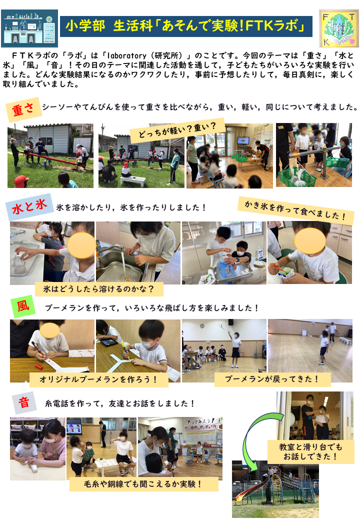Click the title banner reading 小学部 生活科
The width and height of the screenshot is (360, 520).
pos(186,26)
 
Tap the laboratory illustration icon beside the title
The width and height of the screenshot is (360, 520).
pos(29,28)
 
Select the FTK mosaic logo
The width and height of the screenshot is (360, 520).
pos(338,28)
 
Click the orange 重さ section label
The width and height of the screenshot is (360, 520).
pos(23,109)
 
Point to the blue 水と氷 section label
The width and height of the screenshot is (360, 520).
pos(29,206)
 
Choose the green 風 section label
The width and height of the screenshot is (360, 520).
pos(23,306)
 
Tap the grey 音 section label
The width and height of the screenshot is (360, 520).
pos(24,402)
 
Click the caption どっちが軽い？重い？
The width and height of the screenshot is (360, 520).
pos(177,129)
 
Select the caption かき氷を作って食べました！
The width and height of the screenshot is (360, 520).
pos(295,210)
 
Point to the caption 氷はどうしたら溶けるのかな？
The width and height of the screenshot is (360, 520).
pos(99,289)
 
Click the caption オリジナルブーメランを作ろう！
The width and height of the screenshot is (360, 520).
pos(99,379)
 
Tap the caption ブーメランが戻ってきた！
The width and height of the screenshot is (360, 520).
pos(272,379)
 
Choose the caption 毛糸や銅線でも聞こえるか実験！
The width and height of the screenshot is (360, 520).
pos(143,484)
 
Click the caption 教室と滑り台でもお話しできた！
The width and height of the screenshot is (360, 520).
pos(311,451)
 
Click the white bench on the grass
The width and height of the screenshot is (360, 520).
pos(132,180)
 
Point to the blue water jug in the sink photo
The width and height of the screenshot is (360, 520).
pos(226,267)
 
